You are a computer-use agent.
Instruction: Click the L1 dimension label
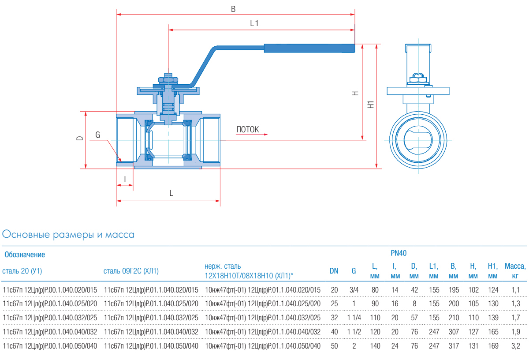[254, 24]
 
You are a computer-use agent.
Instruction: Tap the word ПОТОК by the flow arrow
[248, 130]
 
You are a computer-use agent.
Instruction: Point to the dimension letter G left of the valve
[98, 135]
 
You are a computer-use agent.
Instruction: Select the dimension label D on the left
[80, 138]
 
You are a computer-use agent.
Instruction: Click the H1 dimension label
[371, 105]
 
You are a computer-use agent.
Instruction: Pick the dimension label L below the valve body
[171, 193]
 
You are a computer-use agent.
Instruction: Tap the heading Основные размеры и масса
[68, 235]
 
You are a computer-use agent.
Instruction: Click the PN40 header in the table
[399, 253]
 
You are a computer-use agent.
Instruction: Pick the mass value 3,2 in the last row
[515, 346]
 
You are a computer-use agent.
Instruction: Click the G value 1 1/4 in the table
[354, 318]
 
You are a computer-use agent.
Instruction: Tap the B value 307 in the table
[453, 332]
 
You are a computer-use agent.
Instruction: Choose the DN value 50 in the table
[334, 346]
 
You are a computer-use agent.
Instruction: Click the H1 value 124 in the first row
[493, 290]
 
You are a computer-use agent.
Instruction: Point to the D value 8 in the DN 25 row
[414, 304]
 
